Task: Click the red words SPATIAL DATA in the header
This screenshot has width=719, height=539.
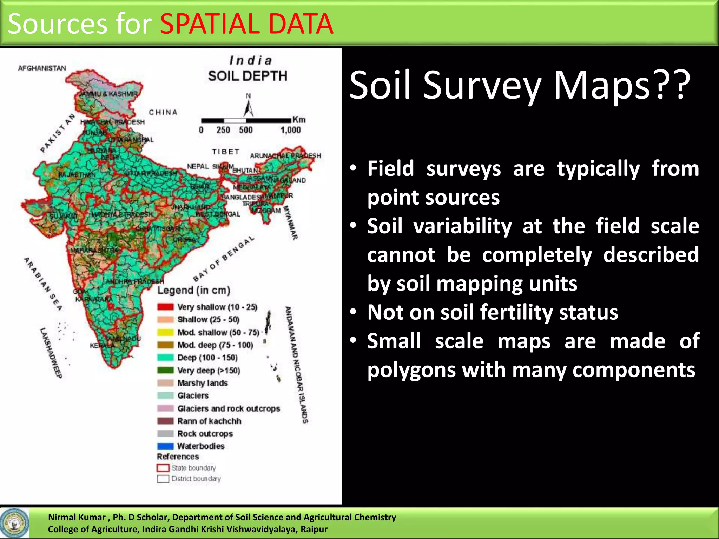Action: pyautogui.click(x=246, y=24)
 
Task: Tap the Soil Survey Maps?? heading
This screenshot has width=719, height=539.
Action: pyautogui.click(x=520, y=86)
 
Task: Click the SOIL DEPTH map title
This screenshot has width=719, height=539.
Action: pyautogui.click(x=248, y=76)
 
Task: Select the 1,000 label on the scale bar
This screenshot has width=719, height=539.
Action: pyautogui.click(x=290, y=130)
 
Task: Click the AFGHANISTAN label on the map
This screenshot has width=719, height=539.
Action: pyautogui.click(x=42, y=68)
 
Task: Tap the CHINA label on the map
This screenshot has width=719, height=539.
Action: pyautogui.click(x=163, y=112)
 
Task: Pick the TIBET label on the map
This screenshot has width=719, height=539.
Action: pyautogui.click(x=226, y=152)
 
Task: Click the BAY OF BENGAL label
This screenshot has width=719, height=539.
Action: pyautogui.click(x=224, y=259)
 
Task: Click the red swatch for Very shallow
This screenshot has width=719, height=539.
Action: pyautogui.click(x=165, y=307)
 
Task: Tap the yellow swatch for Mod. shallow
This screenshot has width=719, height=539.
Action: pyautogui.click(x=165, y=332)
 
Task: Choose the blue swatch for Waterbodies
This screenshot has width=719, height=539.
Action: pyautogui.click(x=165, y=446)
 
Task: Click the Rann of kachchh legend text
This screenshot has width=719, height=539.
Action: pyautogui.click(x=209, y=421)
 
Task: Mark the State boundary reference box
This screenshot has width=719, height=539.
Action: pyautogui.click(x=163, y=468)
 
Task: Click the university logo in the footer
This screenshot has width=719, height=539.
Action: pyautogui.click(x=14, y=523)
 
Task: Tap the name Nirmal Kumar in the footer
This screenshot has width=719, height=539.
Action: pyautogui.click(x=77, y=517)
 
